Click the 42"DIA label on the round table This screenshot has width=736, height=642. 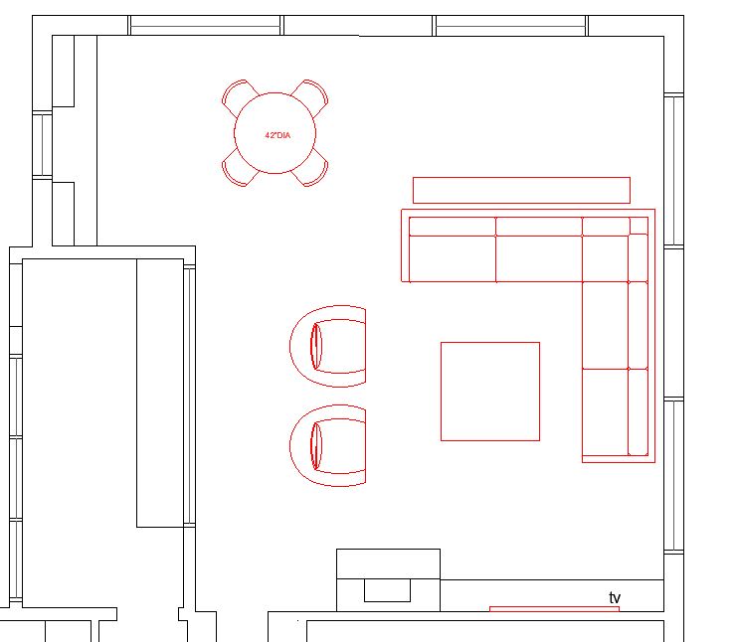(x=277, y=135)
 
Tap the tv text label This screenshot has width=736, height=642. (x=615, y=597)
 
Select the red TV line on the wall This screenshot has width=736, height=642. (x=554, y=608)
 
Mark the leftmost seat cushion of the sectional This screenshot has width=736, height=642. (x=453, y=258)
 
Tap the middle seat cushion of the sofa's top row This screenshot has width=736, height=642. (x=539, y=258)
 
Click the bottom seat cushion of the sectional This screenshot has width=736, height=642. (x=605, y=411)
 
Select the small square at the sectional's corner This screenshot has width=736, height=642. (x=639, y=226)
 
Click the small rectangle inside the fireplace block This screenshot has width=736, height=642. (x=387, y=590)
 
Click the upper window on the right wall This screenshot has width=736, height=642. (x=673, y=170)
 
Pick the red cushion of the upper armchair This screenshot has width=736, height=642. (x=316, y=346)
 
